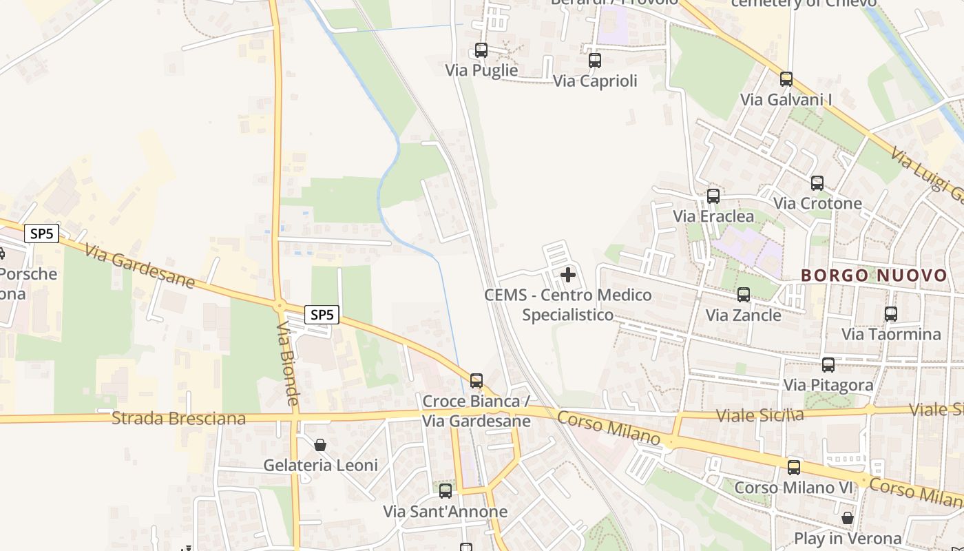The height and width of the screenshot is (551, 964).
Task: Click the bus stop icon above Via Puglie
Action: [x=481, y=50]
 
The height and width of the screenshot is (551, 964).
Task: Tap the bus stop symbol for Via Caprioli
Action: [x=595, y=61]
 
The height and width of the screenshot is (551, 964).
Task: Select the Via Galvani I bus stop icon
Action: [x=786, y=79]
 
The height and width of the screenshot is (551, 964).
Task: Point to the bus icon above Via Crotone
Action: [x=817, y=183]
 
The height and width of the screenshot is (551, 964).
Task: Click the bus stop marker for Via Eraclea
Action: [x=713, y=196]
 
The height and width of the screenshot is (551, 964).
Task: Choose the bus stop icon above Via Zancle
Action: [x=744, y=295]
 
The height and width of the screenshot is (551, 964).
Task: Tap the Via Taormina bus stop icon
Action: [x=891, y=314]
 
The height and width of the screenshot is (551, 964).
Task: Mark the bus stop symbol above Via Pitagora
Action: [x=828, y=365]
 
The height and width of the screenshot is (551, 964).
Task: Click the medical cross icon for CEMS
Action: [x=568, y=275]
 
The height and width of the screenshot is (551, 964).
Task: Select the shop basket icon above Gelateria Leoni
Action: [x=320, y=445]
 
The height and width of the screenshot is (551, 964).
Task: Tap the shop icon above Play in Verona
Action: [x=848, y=517]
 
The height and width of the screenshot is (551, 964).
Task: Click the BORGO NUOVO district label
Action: [x=874, y=276]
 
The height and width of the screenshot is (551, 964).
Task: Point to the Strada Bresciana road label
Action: [x=178, y=418]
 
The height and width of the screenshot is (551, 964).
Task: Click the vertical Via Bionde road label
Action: [x=288, y=363]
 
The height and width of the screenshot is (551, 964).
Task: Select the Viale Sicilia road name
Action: [x=759, y=415]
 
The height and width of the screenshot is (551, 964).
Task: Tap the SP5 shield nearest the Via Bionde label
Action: [x=322, y=315]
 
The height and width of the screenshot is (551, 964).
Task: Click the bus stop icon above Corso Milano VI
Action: [x=794, y=468]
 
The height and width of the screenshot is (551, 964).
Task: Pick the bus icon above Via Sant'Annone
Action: [x=446, y=491]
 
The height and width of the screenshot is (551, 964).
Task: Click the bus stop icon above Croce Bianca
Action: [x=476, y=380]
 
